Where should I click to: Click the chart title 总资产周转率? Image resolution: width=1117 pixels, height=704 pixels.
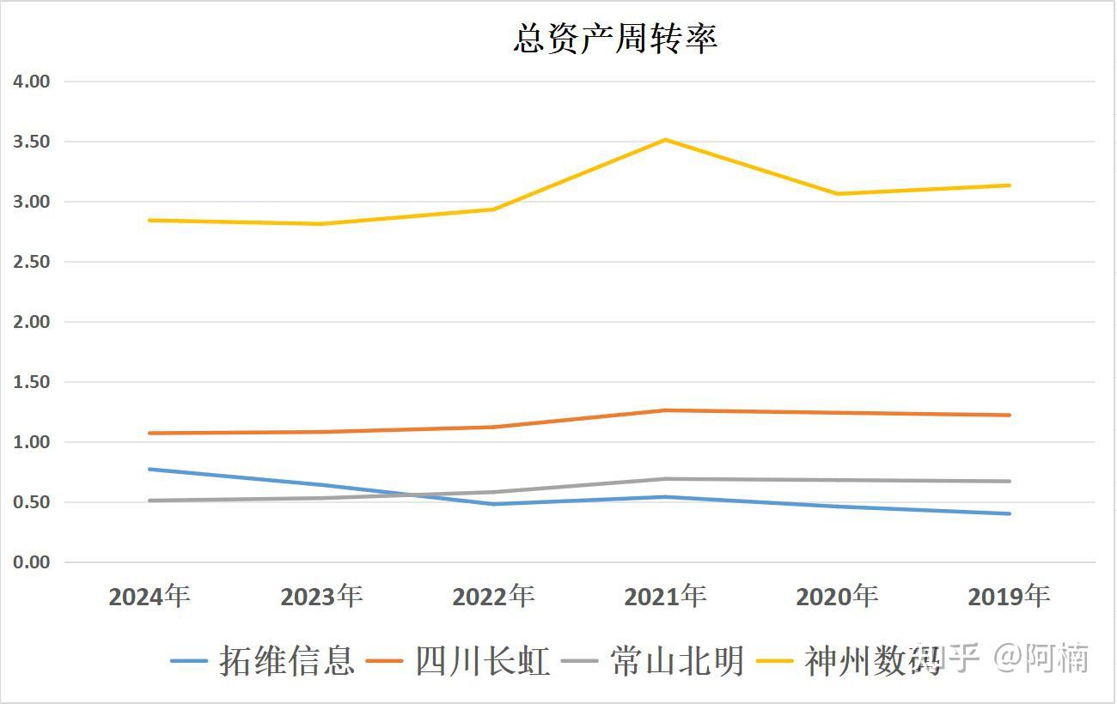615,39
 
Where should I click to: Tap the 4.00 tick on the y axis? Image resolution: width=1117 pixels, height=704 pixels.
32,82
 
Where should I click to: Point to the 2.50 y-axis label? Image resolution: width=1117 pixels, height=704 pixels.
32,262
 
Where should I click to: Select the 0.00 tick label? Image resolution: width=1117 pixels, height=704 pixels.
32,562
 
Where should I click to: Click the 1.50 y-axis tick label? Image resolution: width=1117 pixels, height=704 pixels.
32,382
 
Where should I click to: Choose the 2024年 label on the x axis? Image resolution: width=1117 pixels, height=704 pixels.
150,596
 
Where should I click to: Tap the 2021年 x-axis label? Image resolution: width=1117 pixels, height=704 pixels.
665,596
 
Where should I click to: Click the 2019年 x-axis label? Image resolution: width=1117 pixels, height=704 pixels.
1009,596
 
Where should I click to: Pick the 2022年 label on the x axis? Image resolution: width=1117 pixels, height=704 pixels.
493,596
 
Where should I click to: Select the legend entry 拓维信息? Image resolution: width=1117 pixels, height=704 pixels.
286,661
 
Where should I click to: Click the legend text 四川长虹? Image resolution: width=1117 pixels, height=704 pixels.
482,661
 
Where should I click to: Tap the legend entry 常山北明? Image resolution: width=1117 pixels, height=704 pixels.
677,661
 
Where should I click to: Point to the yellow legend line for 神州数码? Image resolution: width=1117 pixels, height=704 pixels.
775,661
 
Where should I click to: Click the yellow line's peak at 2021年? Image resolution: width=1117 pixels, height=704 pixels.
666,140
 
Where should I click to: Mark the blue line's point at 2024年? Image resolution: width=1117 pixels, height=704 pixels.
150,470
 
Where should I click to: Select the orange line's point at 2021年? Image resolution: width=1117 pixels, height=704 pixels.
666,410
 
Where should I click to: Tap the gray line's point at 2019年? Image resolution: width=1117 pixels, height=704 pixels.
1010,481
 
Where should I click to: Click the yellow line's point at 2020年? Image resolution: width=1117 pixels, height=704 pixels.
838,194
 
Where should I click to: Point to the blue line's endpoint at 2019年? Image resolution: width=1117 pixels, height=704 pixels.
1010,513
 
